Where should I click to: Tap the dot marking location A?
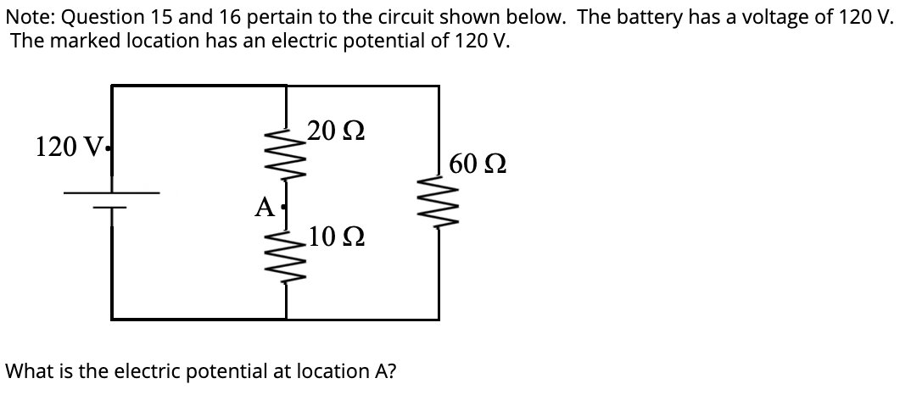(x=281, y=206)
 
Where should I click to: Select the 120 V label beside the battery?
(x=68, y=147)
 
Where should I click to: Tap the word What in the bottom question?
(x=27, y=370)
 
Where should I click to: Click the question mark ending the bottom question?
(x=396, y=370)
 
